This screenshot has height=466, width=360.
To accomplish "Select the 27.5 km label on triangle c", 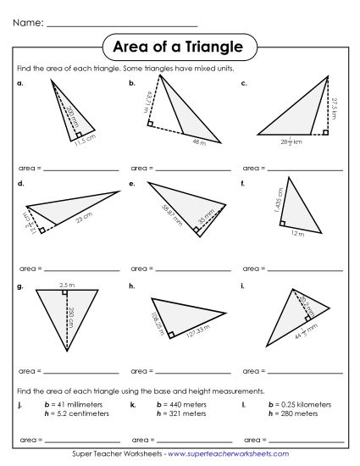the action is pyautogui.click(x=334, y=108).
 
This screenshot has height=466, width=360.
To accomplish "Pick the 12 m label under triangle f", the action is pyautogui.click(x=296, y=234).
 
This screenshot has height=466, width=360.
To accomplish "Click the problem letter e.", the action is pyautogui.click(x=132, y=183).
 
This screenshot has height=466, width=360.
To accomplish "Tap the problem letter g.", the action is pyautogui.click(x=19, y=286).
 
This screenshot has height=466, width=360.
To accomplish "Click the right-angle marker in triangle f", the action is pyautogui.click(x=283, y=224).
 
